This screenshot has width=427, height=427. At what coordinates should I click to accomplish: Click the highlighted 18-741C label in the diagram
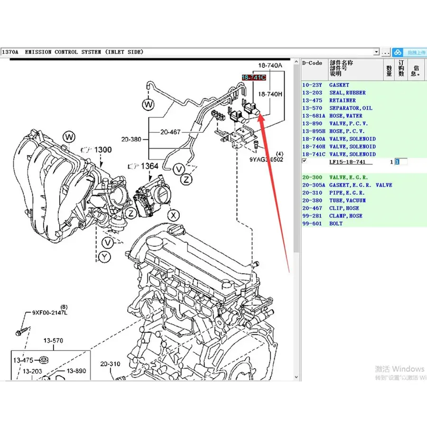(x=254, y=77)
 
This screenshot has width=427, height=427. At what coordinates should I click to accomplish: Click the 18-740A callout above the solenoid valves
(x=270, y=65)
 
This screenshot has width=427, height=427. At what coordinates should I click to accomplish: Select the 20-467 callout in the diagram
(x=170, y=132)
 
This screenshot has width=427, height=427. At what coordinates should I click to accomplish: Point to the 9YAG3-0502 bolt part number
(x=266, y=160)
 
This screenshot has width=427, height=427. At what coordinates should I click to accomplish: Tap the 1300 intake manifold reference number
(x=102, y=150)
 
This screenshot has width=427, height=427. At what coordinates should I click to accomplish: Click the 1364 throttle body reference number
(x=150, y=167)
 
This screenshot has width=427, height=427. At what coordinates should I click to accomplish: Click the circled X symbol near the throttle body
(x=175, y=215)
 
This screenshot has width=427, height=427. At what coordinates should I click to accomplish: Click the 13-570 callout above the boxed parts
(x=54, y=341)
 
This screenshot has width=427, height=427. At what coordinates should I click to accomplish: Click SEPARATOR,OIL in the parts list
(x=351, y=108)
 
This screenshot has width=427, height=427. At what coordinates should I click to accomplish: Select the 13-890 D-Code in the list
(x=312, y=123)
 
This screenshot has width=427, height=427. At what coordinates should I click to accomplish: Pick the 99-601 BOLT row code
(x=312, y=223)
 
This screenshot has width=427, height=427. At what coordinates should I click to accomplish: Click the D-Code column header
(x=312, y=63)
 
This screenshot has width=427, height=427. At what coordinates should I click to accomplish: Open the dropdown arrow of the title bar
(x=376, y=52)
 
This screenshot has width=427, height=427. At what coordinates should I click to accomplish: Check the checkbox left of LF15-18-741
(x=305, y=161)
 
